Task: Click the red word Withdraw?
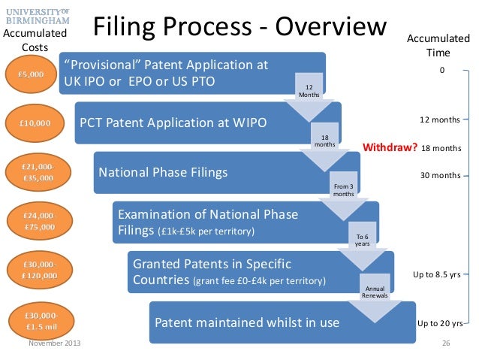click(390, 147)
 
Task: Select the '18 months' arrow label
click(324, 141)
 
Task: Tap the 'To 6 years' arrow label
click(362, 240)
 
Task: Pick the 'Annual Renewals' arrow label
click(375, 291)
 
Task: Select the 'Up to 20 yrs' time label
click(439, 324)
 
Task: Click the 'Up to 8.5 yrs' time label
click(436, 274)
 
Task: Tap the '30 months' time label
click(439, 175)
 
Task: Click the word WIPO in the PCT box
click(248, 121)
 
